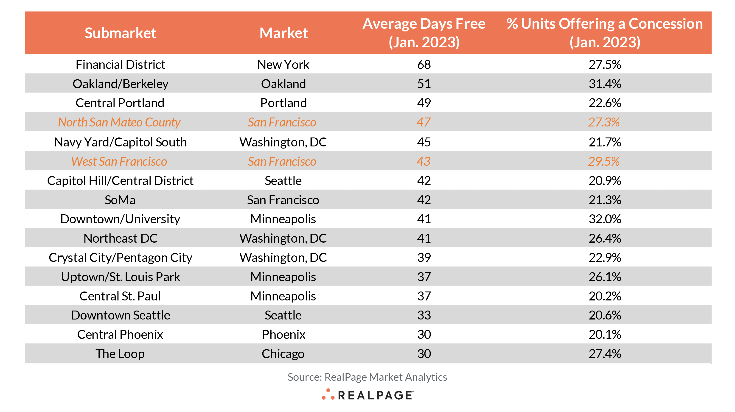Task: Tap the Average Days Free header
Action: tap(424, 33)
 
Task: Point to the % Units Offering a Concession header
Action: tap(605, 33)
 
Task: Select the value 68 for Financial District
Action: tap(424, 64)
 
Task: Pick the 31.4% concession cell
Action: tap(605, 84)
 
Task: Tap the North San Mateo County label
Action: tap(119, 122)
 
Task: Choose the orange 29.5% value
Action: tap(604, 162)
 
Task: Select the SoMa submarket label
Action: tap(120, 200)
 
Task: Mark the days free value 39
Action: tap(424, 258)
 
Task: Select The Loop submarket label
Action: tap(120, 354)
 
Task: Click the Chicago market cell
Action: tap(283, 354)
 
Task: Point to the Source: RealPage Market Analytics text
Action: tap(367, 377)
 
